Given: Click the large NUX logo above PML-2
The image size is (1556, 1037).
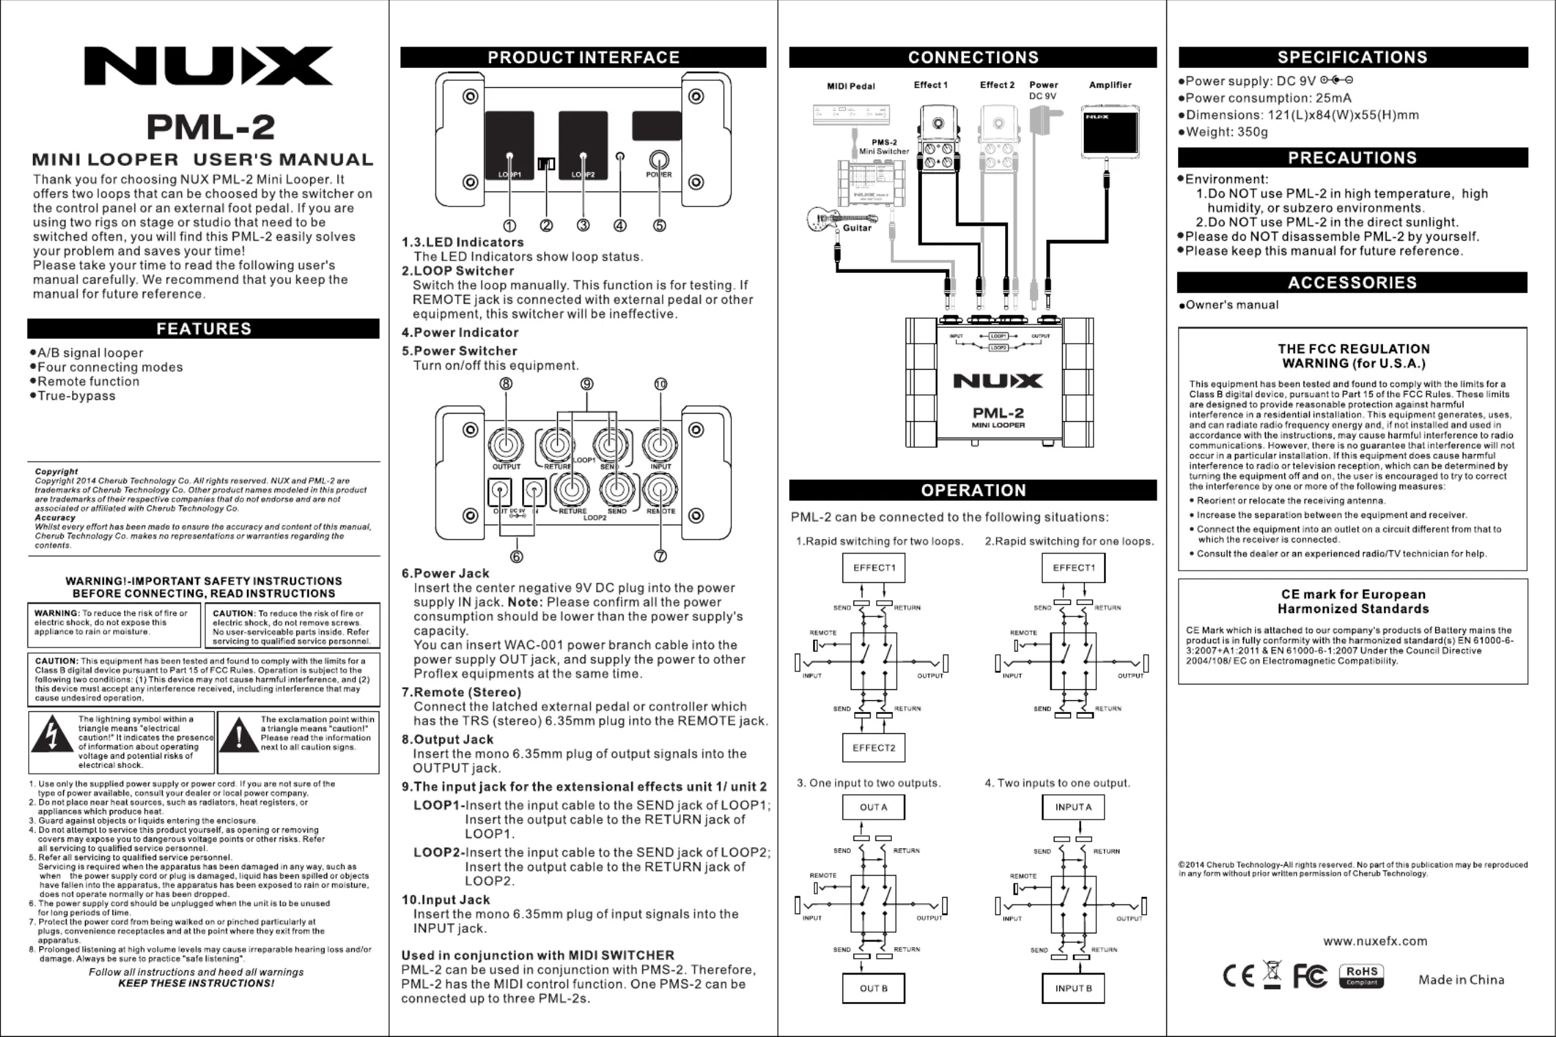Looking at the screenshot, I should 208,66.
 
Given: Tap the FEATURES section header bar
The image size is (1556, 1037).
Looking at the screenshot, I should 203,329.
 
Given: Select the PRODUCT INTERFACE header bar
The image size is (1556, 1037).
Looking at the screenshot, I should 583,58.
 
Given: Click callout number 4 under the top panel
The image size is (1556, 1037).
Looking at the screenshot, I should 620,226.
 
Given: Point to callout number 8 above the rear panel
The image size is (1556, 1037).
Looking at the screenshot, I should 506,384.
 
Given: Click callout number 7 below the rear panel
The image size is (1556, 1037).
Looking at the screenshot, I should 660,556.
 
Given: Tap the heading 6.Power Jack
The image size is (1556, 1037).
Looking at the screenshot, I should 445,573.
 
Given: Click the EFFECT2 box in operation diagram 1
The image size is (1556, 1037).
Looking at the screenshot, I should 873,748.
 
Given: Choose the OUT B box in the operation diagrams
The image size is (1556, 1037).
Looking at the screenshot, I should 873,988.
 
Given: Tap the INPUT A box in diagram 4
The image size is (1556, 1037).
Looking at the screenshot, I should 1073,807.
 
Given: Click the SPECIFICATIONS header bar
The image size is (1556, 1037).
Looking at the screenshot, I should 1352,58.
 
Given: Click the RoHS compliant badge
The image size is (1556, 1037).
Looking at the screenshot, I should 1361,975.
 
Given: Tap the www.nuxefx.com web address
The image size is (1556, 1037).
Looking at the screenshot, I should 1375,941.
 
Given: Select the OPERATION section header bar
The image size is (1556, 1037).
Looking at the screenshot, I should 973,490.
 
